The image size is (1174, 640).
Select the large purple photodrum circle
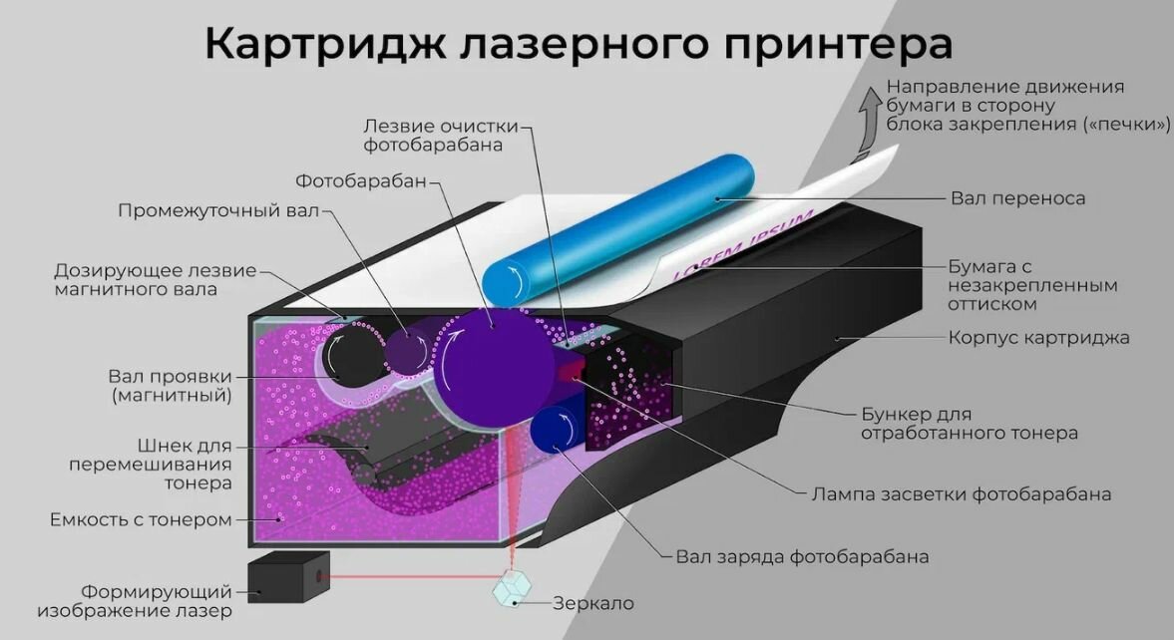(495, 364)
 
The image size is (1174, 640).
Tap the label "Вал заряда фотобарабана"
(802, 556)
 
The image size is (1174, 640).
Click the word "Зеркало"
(593, 603)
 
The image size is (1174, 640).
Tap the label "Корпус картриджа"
(1038, 337)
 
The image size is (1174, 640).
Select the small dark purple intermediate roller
(406, 349)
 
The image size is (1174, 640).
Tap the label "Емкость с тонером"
(141, 519)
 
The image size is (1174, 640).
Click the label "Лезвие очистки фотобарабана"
(440, 136)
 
